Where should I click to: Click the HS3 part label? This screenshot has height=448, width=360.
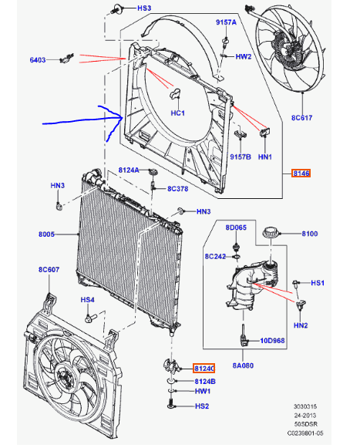[x=144, y=8]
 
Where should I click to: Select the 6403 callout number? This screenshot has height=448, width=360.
[x=38, y=60]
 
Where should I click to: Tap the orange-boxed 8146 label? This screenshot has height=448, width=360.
[x=301, y=173]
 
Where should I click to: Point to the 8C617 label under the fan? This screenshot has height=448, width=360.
[x=301, y=117]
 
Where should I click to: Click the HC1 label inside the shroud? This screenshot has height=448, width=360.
[x=178, y=113]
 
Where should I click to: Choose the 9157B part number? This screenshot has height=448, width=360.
[x=241, y=157]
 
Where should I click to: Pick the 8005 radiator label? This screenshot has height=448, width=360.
[x=46, y=234]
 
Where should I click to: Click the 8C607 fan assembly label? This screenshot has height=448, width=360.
[x=49, y=269]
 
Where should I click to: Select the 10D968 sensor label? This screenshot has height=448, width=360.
[x=272, y=341]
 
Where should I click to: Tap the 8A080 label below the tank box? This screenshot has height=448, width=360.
[x=243, y=365]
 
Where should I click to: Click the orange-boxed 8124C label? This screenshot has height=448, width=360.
[x=204, y=369]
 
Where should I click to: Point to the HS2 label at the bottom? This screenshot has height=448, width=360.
[x=202, y=406]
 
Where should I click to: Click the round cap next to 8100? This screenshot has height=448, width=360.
[x=271, y=232]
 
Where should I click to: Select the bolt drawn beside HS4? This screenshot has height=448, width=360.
[x=91, y=317]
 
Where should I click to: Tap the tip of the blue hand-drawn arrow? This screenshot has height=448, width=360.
[x=123, y=117]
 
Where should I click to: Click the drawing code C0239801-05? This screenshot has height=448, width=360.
[x=305, y=433]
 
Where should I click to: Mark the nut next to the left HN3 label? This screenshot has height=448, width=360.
[x=59, y=206]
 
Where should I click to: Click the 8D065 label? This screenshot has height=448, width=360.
[x=236, y=227]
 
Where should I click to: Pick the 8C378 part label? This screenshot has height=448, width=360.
[x=178, y=189]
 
